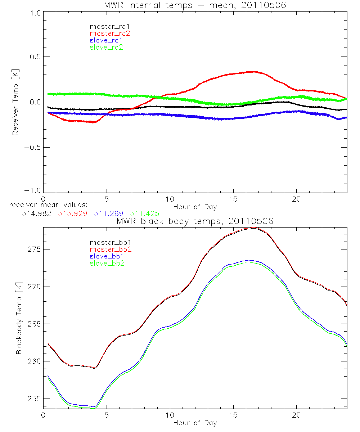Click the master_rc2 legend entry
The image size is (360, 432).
pos(110,33)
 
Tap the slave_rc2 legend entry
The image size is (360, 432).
pos(107,47)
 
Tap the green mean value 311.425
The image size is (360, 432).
pos(145,213)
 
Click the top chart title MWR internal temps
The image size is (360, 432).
pos(195,5)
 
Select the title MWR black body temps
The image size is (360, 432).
pos(195,221)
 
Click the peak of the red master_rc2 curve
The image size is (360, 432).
pos(253,72)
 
